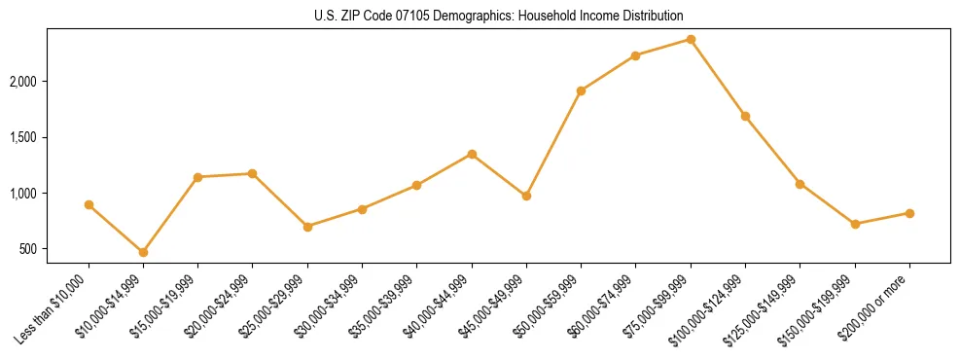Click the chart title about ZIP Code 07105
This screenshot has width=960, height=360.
pyautogui.click(x=498, y=16)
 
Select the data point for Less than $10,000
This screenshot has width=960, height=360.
pyautogui.click(x=89, y=205)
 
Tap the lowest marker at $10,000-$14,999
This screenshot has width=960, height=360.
pyautogui.click(x=143, y=252)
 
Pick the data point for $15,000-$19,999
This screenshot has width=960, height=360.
pyautogui.click(x=198, y=177)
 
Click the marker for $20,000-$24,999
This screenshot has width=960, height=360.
pyautogui.click(x=253, y=173)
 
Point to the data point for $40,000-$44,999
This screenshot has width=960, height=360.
pyautogui.click(x=472, y=154)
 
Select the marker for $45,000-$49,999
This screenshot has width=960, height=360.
pyautogui.click(x=526, y=196)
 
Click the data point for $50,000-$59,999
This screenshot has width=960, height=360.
pyautogui.click(x=581, y=90)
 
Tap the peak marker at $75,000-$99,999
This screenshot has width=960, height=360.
pyautogui.click(x=691, y=39)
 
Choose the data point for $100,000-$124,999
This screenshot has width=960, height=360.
pyautogui.click(x=745, y=116)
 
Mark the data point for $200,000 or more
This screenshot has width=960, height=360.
pyautogui.click(x=909, y=213)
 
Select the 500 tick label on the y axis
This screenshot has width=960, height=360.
pyautogui.click(x=53, y=249)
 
